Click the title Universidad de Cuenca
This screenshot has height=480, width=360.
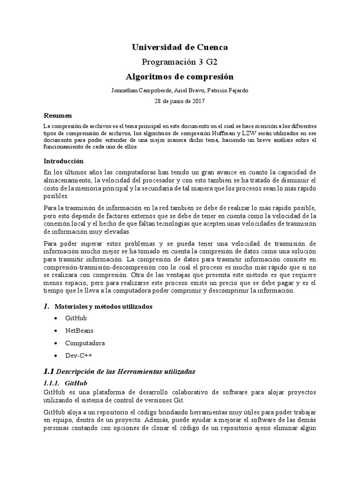[180, 47]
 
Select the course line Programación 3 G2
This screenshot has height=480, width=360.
[180, 62]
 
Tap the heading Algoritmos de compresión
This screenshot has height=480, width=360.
[180, 76]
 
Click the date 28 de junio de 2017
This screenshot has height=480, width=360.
[180, 100]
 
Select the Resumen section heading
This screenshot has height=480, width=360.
[58, 116]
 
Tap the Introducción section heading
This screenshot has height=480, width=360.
[63, 160]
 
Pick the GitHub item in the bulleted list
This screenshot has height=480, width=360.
[76, 318]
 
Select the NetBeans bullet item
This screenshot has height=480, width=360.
[79, 331]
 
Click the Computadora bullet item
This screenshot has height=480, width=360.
[85, 343]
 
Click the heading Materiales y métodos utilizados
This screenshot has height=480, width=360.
[110, 307]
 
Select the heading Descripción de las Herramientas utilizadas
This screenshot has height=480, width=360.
[125, 371]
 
